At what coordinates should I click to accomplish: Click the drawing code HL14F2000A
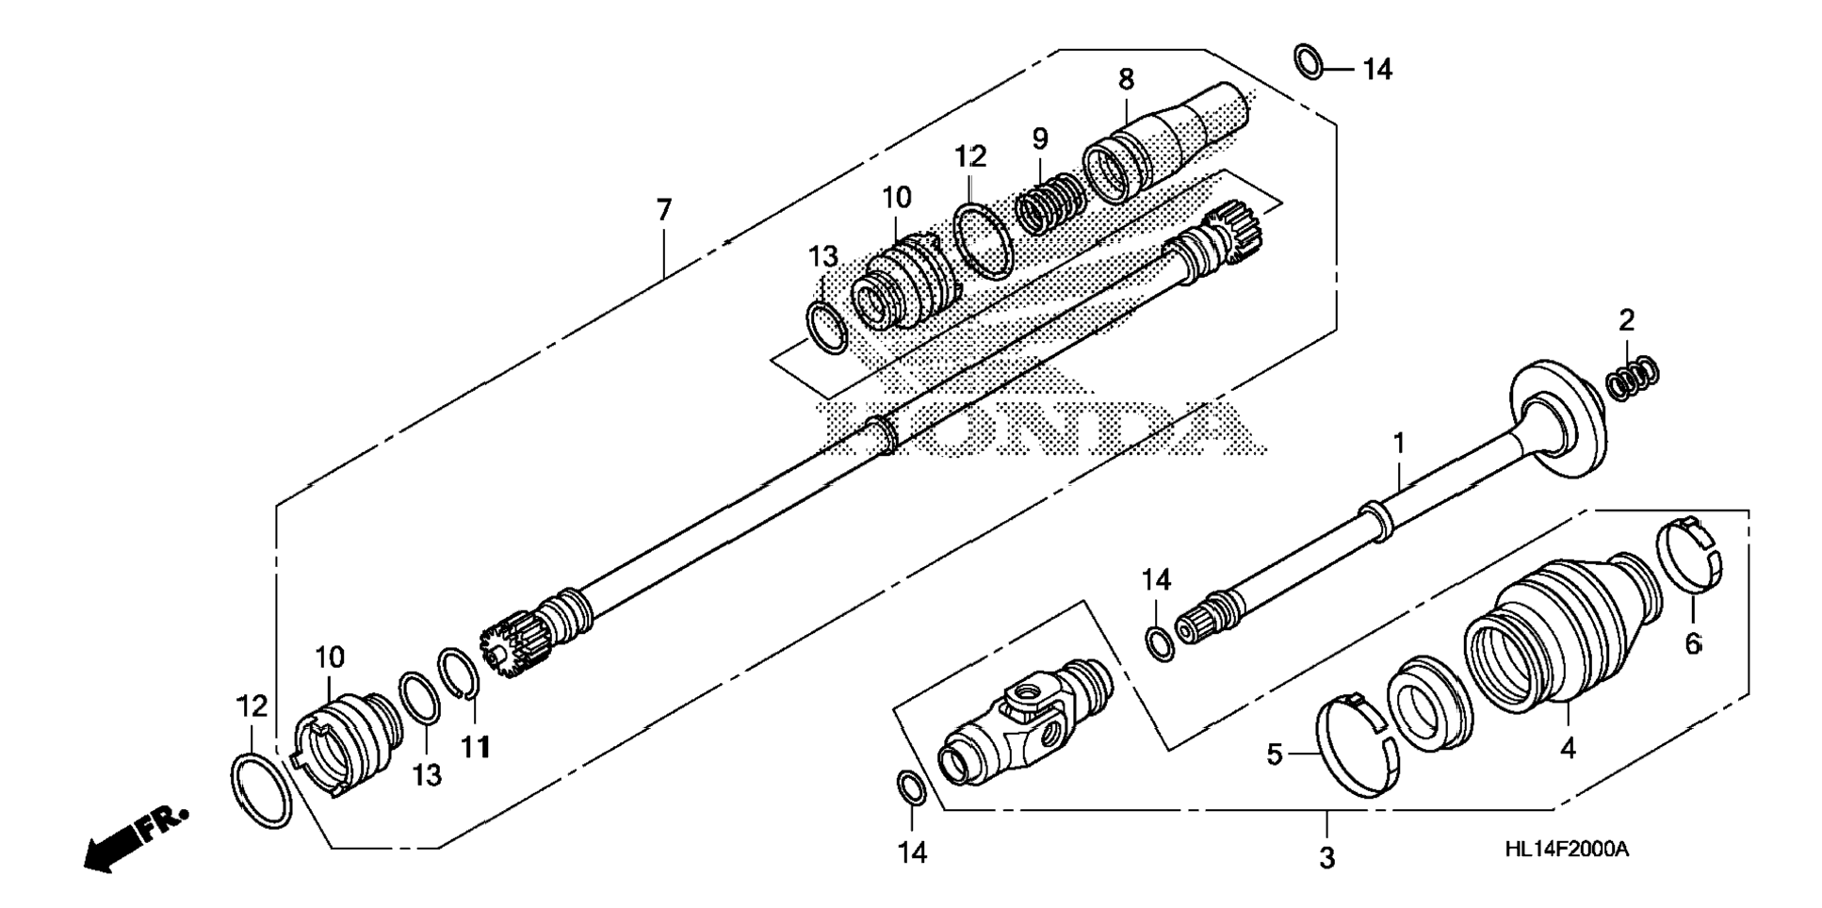[x=1566, y=849]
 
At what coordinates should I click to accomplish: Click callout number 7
[x=664, y=210]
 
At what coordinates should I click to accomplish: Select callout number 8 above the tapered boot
[x=1126, y=79]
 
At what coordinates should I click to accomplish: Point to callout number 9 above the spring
[x=1039, y=139]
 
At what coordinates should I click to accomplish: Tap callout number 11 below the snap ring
[x=476, y=747]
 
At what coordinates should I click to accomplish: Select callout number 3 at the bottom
[x=1326, y=858]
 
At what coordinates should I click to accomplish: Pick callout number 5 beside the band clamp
[x=1274, y=754]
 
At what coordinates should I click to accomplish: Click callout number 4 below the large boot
[x=1567, y=748]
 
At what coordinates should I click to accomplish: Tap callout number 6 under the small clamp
[x=1693, y=644]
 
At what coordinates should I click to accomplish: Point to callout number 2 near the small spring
[x=1626, y=321]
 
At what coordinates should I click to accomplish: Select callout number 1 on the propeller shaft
[x=1399, y=444]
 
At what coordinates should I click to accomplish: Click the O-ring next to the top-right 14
[x=1308, y=61]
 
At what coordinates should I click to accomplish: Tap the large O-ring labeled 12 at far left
[x=261, y=791]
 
